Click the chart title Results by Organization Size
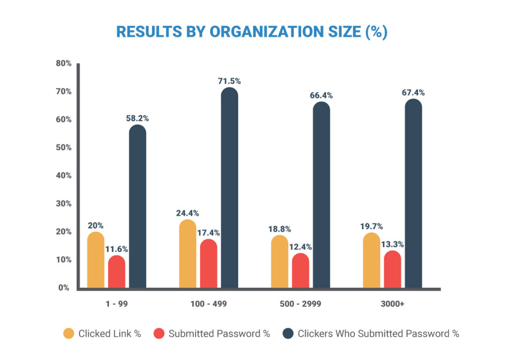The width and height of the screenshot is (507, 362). (x=252, y=31)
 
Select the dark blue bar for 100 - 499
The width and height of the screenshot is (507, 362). (x=229, y=188)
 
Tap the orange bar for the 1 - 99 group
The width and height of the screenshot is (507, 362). (x=96, y=260)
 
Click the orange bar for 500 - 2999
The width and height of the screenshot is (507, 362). (x=279, y=262)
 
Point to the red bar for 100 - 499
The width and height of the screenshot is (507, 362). (x=208, y=264)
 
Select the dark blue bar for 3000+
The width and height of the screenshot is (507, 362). (x=413, y=193)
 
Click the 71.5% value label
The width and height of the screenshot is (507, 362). (x=229, y=81)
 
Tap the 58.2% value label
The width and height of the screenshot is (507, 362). (x=138, y=118)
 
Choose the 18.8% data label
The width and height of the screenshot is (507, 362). (x=279, y=229)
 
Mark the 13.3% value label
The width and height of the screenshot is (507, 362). (x=393, y=244)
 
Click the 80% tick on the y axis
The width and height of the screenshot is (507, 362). (x=64, y=63)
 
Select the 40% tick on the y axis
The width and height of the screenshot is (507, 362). (x=64, y=176)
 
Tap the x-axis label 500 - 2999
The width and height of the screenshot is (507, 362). (x=301, y=304)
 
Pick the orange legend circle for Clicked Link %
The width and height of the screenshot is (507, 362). (x=69, y=333)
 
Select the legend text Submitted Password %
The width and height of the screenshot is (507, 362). (x=219, y=334)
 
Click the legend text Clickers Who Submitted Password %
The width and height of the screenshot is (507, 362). (x=378, y=334)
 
